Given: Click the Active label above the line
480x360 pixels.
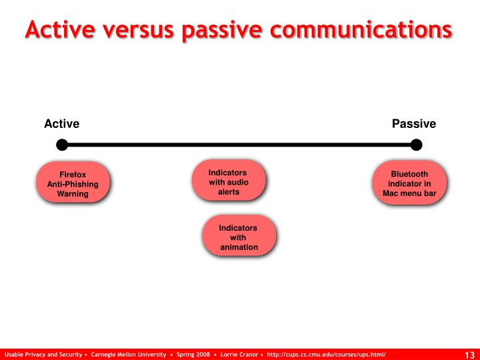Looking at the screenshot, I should pos(61,124).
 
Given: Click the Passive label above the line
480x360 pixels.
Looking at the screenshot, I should pos(413,124).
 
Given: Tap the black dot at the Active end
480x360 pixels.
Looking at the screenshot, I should pos(62,145).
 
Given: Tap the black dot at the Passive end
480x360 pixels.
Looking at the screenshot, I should pos(417,145).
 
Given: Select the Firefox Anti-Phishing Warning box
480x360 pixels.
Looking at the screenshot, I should pos(72,184).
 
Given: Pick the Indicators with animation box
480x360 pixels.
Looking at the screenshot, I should pos(238,237).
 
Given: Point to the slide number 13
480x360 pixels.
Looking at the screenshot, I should pos(469,354).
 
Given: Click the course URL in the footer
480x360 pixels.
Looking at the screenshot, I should pos(326,354).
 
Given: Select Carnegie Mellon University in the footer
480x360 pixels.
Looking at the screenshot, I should pos(129,354).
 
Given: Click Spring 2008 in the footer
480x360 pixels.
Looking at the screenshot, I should pos(193,354).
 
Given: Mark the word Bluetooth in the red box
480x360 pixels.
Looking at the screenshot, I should pos(409,174).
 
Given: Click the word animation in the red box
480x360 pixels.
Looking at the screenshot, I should pos(239,247).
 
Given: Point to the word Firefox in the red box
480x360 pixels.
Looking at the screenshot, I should pos(72,174).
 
